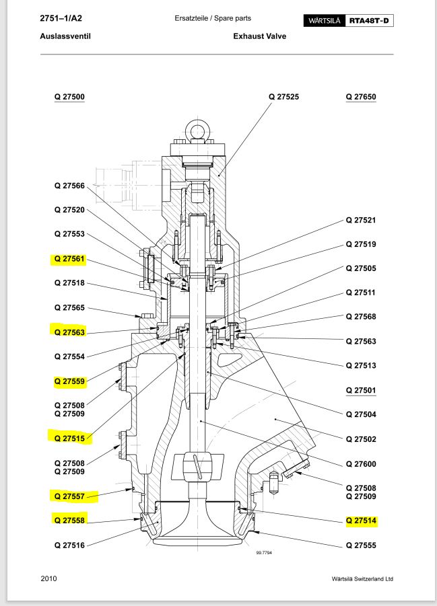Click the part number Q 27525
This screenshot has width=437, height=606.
pos(283,97)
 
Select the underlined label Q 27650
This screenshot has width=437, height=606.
pos(361,97)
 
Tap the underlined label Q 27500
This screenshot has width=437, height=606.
pos(69,97)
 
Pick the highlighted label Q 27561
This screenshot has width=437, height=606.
pos(69,259)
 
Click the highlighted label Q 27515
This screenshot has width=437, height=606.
pos(69,439)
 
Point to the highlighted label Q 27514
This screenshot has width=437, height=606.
pos(361,521)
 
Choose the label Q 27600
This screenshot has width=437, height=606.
pos(361,464)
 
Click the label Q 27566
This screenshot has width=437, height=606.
pos(69,186)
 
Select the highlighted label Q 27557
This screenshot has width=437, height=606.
pos(69,496)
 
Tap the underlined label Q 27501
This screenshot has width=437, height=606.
pos(361,390)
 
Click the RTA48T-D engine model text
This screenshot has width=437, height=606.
pos(370,21)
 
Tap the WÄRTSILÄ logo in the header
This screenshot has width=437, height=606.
pos(326,21)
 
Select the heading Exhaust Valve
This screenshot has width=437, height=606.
pos(260,36)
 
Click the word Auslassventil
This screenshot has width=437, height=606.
pos(65,36)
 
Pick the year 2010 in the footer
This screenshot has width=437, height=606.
pos(49,578)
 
